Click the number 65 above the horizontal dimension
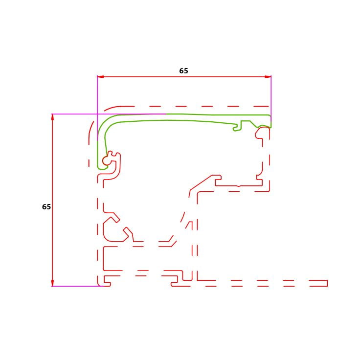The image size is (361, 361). point(183,70)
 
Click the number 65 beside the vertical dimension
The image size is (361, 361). point(46,207)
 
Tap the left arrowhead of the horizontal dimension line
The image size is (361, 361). point(101,77)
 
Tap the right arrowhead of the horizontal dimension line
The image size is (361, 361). point(268,77)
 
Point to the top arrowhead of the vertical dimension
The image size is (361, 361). point(52,117)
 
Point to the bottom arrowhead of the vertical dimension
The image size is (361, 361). point(52,283)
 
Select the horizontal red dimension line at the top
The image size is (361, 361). point(184,77)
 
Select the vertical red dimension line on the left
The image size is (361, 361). point(52,200)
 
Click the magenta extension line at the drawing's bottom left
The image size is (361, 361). point(76,286)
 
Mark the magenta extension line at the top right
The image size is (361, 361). point(271,98)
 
